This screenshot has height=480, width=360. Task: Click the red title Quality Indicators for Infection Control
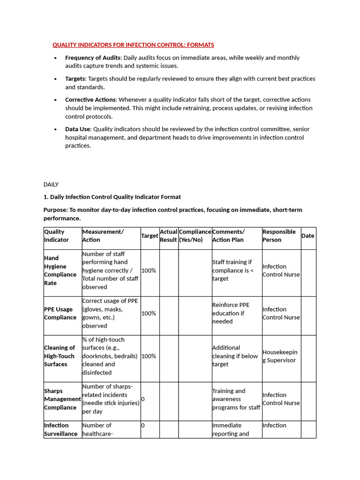click(133, 45)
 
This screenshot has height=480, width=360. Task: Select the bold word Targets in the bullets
click(75, 79)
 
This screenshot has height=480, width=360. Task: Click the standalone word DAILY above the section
click(51, 185)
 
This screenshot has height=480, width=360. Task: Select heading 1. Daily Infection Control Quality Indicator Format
click(112, 197)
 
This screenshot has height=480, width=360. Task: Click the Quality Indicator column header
click(56, 236)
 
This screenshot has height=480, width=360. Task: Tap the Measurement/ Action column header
click(103, 236)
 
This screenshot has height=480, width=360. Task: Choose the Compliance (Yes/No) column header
click(195, 236)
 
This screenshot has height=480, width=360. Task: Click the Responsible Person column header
click(279, 236)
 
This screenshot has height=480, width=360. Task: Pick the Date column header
click(308, 236)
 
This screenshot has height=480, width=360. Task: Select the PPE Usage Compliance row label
click(60, 313)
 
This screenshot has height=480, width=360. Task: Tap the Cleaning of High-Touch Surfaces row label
click(60, 356)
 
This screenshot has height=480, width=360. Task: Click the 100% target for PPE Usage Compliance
click(149, 313)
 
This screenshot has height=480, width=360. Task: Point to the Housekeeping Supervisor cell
click(280, 356)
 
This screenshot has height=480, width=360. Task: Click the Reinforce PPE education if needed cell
click(231, 313)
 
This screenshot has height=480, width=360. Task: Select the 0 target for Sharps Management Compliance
click(143, 399)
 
